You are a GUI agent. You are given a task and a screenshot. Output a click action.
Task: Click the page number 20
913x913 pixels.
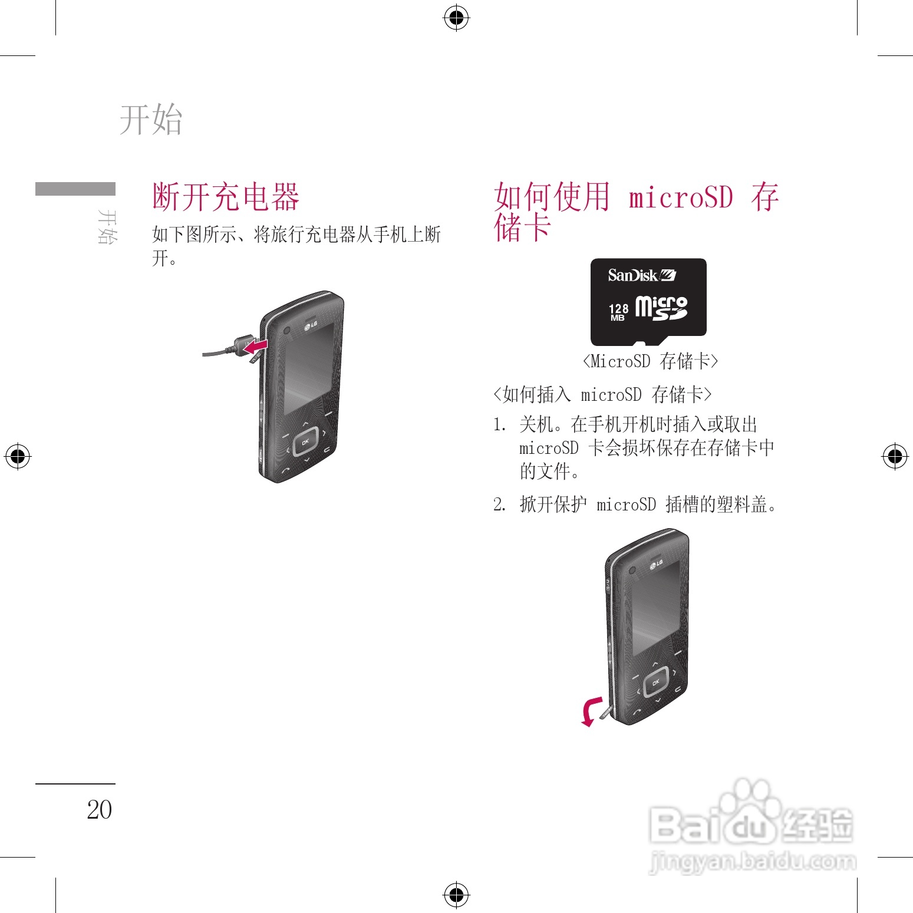pyautogui.click(x=99, y=810)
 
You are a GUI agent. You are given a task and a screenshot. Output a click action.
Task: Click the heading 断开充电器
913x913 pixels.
pyautogui.click(x=226, y=197)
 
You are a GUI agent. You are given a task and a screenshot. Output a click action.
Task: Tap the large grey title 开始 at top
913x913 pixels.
pyautogui.click(x=151, y=119)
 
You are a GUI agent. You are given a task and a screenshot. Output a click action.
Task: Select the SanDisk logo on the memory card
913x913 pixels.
pyautogui.click(x=641, y=275)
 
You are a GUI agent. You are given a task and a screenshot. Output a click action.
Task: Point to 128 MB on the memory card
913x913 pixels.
pyautogui.click(x=618, y=312)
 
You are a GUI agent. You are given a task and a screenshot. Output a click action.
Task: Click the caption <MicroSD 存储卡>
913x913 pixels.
pyautogui.click(x=650, y=361)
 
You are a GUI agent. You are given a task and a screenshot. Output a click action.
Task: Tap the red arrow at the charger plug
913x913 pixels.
pyautogui.click(x=256, y=347)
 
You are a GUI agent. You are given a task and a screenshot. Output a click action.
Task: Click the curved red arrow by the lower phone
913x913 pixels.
pyautogui.click(x=591, y=711)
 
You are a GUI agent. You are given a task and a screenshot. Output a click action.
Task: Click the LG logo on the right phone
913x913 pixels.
pyautogui.click(x=656, y=565)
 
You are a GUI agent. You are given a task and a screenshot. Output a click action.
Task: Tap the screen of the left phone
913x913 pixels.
pyautogui.click(x=308, y=368)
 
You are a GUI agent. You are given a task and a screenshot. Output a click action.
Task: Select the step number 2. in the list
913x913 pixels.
pyautogui.click(x=499, y=505)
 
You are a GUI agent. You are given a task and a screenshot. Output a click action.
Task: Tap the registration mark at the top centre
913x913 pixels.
pyautogui.click(x=456, y=18)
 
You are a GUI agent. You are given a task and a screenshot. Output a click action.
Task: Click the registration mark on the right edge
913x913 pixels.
pyautogui.click(x=895, y=456)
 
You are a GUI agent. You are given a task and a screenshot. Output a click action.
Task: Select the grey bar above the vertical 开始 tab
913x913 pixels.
pyautogui.click(x=75, y=189)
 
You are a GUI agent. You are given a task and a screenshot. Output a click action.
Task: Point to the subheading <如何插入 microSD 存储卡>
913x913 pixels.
pyautogui.click(x=602, y=394)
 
